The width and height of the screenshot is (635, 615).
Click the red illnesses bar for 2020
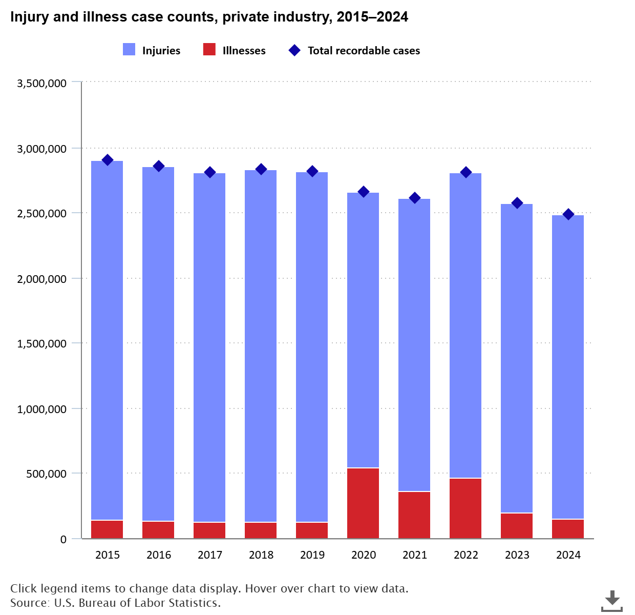click(363, 503)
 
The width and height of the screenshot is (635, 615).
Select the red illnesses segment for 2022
click(465, 508)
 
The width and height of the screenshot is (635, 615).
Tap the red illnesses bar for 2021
click(414, 515)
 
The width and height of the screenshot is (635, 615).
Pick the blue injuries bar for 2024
click(568, 367)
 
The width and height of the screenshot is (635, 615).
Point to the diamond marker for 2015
click(108, 160)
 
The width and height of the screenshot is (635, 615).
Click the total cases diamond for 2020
click(364, 192)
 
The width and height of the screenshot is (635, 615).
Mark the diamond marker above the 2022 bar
click(466, 172)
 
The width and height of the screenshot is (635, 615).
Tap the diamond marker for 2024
click(568, 214)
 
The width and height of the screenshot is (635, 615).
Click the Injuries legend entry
click(152, 50)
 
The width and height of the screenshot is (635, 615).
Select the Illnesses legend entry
click(235, 50)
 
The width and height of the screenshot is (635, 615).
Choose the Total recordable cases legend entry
click(354, 50)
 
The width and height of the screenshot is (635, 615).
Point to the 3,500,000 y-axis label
click(42, 83)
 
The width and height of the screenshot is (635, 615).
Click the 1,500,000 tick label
click(42, 343)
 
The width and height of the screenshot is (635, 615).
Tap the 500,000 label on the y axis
click(47, 474)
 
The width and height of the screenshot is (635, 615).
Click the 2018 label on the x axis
click(261, 555)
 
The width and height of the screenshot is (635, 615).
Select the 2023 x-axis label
click(517, 555)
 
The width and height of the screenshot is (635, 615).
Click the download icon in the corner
click(612, 601)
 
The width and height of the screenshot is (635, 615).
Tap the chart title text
click(209, 17)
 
